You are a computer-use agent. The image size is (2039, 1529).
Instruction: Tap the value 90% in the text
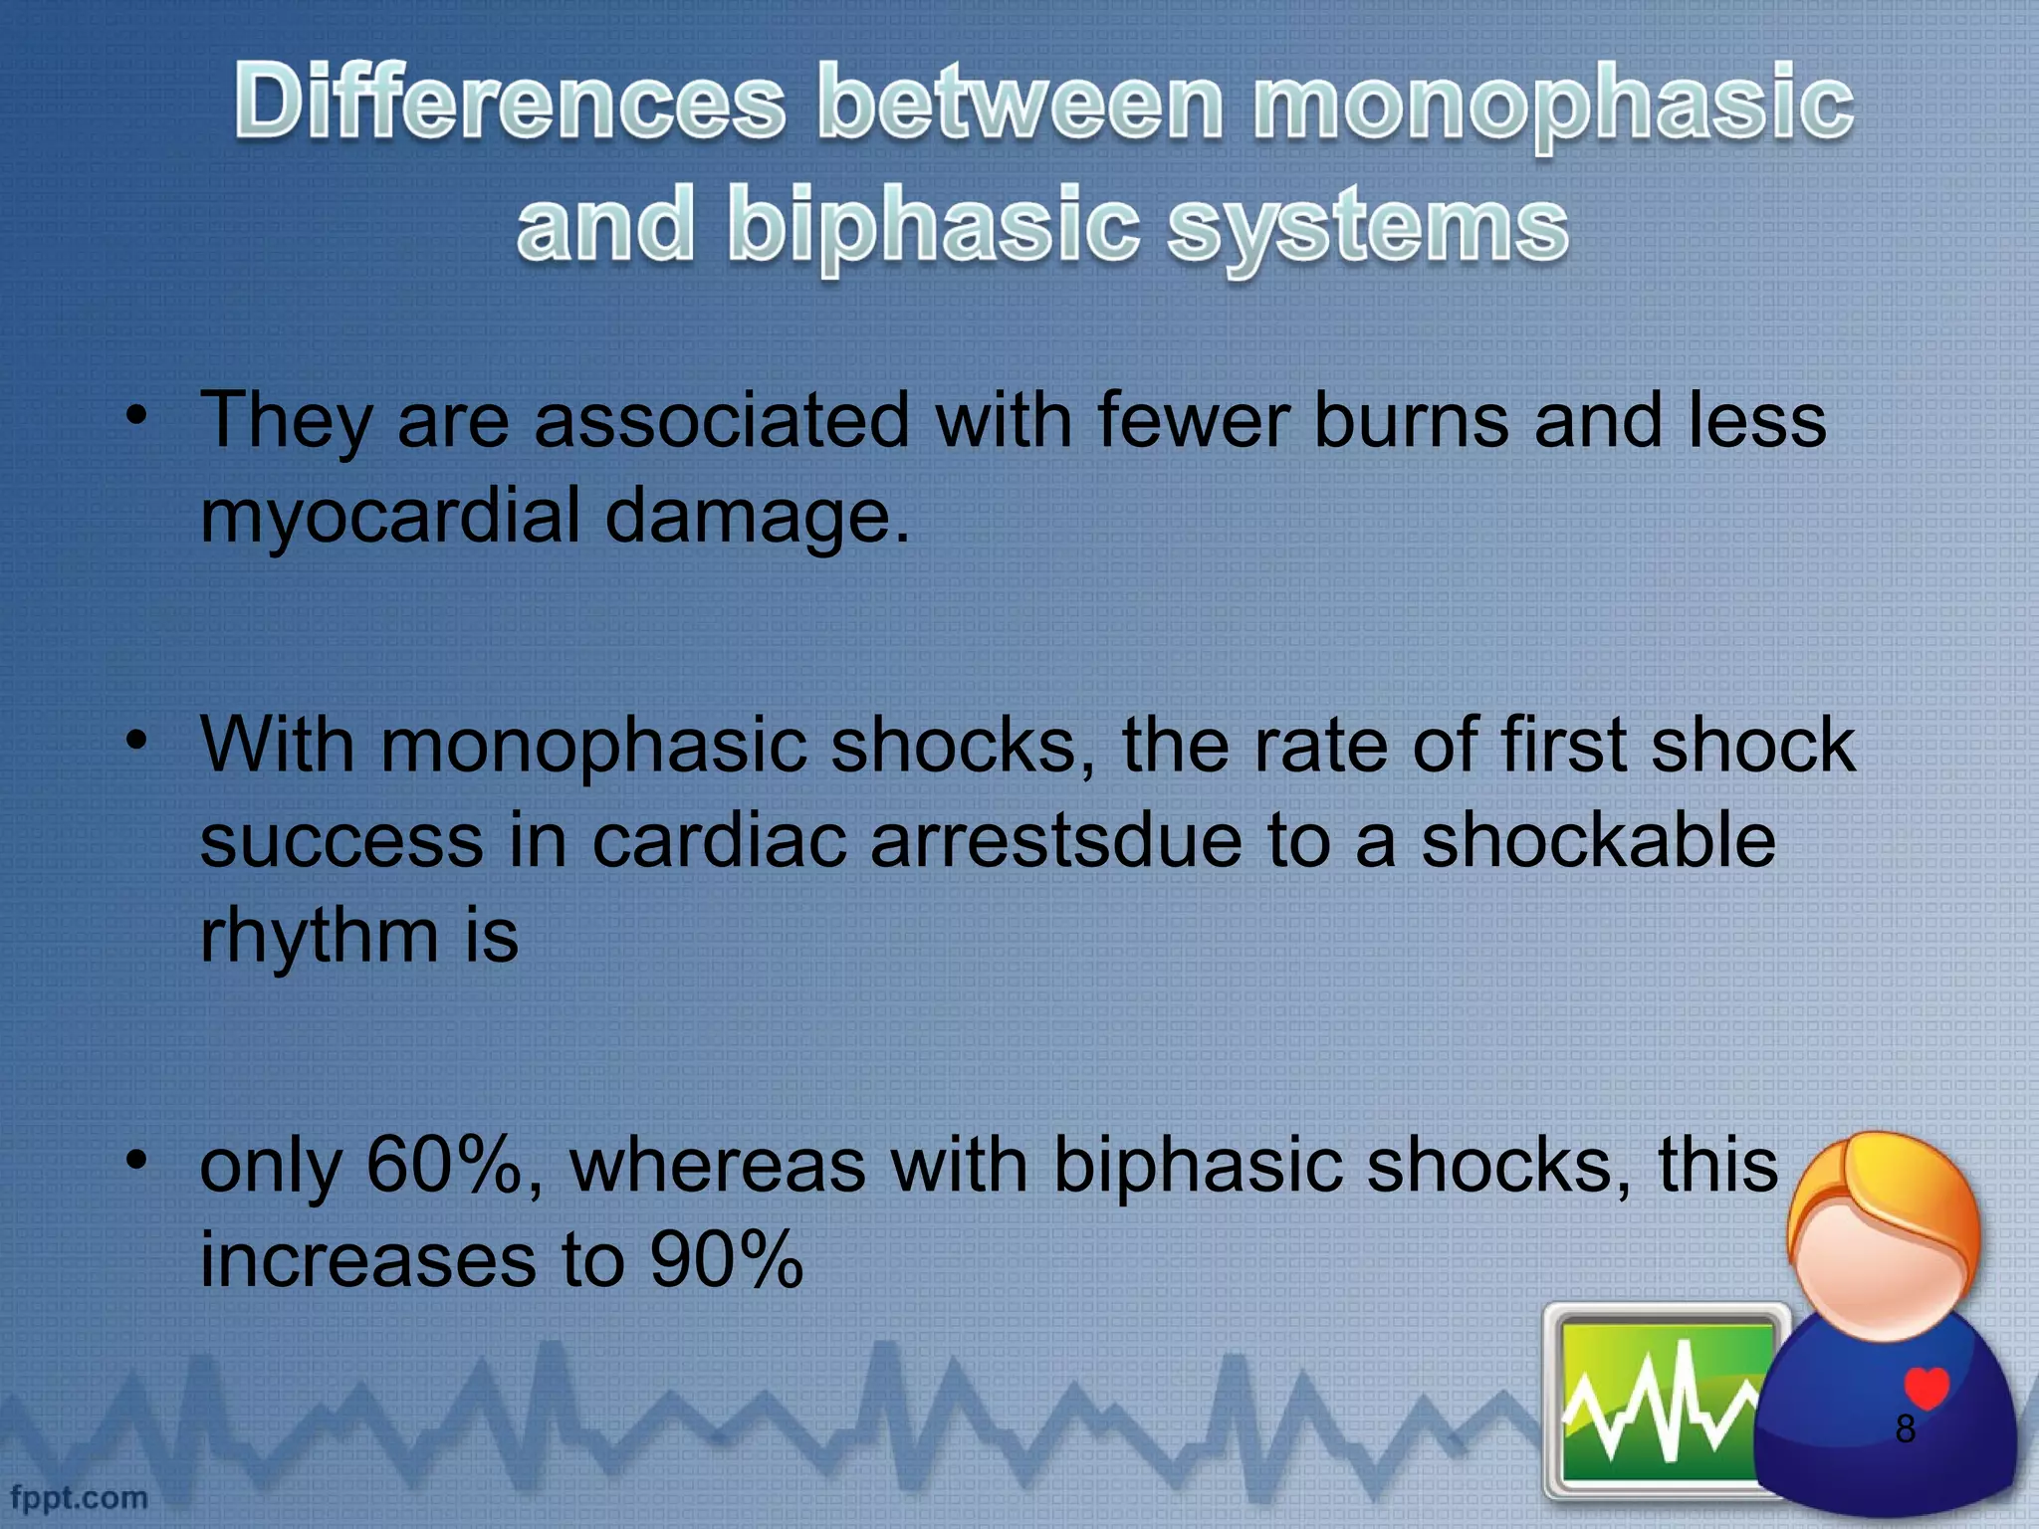tap(727, 1260)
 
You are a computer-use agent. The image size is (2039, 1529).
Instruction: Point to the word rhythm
tap(319, 936)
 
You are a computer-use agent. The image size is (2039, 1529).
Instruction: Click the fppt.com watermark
tap(80, 1497)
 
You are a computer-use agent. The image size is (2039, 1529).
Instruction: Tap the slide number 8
tap(1905, 1428)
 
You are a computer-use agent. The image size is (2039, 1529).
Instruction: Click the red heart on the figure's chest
tap(1926, 1387)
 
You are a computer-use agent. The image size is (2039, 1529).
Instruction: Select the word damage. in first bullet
tap(757, 517)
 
